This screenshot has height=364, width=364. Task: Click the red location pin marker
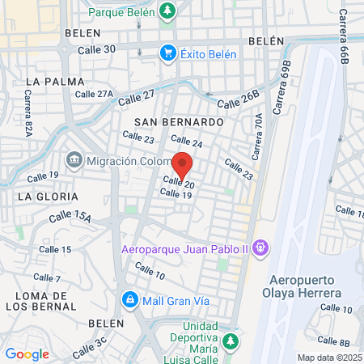pos(183,164)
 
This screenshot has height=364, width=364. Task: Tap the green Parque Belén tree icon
pos(167,11)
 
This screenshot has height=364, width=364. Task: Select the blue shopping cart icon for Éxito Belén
pos(168,53)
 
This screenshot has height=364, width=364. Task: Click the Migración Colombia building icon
pos(74,160)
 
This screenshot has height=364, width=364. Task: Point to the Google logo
pos(27,354)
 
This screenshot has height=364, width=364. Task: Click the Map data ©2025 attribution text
pos(328,358)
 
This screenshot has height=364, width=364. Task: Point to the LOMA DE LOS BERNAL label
pos(40,300)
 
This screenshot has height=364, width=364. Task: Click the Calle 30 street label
pos(96,49)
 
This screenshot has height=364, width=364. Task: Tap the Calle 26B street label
pos(239,99)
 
